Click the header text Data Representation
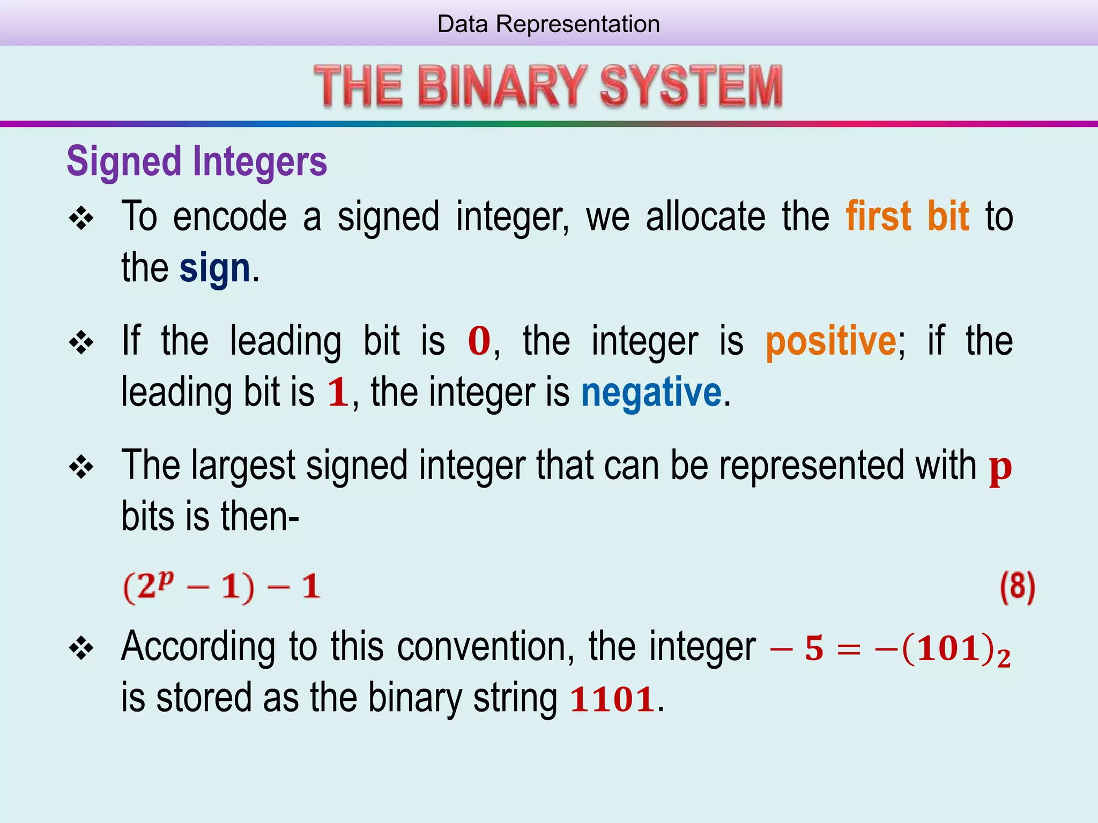click(548, 24)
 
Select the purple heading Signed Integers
click(197, 161)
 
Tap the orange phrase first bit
click(907, 216)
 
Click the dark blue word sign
click(214, 268)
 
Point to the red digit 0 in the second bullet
click(479, 341)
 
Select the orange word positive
click(830, 341)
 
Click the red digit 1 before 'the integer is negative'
click(338, 393)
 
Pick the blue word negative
click(651, 393)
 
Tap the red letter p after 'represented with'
click(1000, 468)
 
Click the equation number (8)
click(1017, 587)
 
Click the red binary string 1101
click(612, 700)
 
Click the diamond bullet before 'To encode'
click(81, 219)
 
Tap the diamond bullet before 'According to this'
click(81, 649)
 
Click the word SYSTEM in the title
click(691, 86)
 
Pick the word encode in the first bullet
click(230, 216)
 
